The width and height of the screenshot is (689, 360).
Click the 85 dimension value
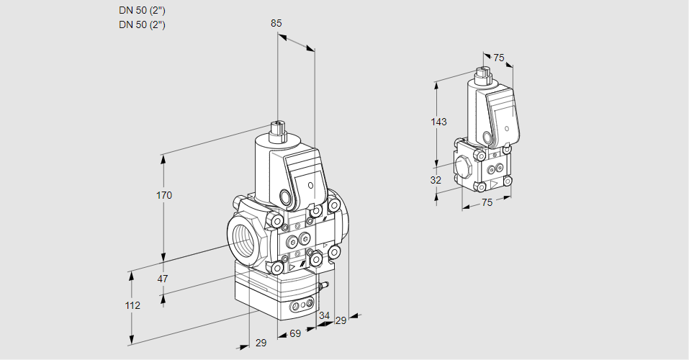[276, 23]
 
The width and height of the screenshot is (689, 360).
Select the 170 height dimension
[165, 195]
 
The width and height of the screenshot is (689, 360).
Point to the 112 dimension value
[132, 305]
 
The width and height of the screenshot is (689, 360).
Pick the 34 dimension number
[324, 315]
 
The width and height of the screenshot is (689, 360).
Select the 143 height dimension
[439, 122]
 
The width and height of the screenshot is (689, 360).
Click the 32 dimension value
[436, 180]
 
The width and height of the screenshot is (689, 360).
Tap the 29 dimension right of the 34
[341, 320]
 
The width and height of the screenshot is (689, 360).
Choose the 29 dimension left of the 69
[261, 343]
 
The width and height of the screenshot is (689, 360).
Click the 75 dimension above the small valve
[499, 58]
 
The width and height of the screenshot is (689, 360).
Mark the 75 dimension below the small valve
[487, 203]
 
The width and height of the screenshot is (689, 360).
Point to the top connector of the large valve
[277, 132]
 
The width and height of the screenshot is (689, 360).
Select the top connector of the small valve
[483, 73]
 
